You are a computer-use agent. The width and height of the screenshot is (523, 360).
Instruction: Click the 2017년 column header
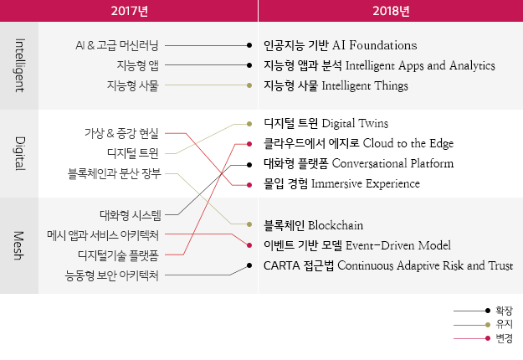coord(130,11)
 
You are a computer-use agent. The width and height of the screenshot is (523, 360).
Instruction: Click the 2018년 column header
coord(391,11)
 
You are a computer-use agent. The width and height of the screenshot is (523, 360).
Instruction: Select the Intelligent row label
coord(20,65)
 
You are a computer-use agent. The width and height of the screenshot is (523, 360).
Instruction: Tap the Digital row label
coord(20,153)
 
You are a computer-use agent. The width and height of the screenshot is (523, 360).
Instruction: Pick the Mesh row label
coord(19,245)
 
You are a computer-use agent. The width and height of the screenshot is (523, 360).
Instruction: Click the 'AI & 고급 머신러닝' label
coord(117,45)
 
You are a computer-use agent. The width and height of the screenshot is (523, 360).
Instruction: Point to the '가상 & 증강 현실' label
coord(121,133)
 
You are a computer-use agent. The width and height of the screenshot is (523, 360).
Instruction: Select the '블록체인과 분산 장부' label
coord(115,173)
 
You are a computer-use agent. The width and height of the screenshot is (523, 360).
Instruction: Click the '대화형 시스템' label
coord(131,215)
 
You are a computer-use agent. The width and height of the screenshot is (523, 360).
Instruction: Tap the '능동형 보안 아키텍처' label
coord(112,275)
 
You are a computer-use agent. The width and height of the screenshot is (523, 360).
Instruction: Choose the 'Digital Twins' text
coord(355,123)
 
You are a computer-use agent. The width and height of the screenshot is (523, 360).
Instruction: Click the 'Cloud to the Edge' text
coord(408,143)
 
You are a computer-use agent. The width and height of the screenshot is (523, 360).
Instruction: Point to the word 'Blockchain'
coord(336,225)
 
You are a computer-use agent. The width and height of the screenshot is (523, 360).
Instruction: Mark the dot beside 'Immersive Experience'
coord(249,185)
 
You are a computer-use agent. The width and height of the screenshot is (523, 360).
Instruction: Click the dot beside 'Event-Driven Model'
coord(249,245)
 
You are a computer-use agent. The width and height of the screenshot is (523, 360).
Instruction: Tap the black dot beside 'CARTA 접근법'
coord(249,265)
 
